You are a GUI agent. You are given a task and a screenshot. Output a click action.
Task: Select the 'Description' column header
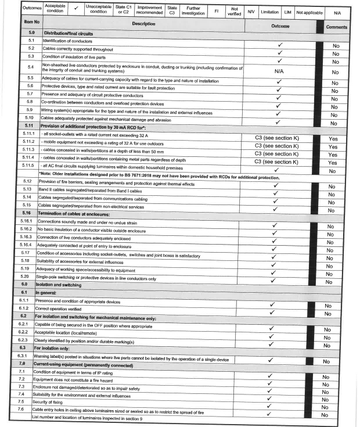click(143, 24)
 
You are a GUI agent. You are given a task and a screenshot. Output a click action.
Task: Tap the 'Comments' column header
click(336, 27)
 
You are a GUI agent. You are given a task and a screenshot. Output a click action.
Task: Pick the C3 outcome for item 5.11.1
click(279, 137)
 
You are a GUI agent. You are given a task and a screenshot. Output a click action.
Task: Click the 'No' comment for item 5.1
click(335, 45)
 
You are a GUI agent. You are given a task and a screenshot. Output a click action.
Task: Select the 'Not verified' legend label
click(234, 11)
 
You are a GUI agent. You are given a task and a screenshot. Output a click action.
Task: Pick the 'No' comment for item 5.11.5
click(333, 171)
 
